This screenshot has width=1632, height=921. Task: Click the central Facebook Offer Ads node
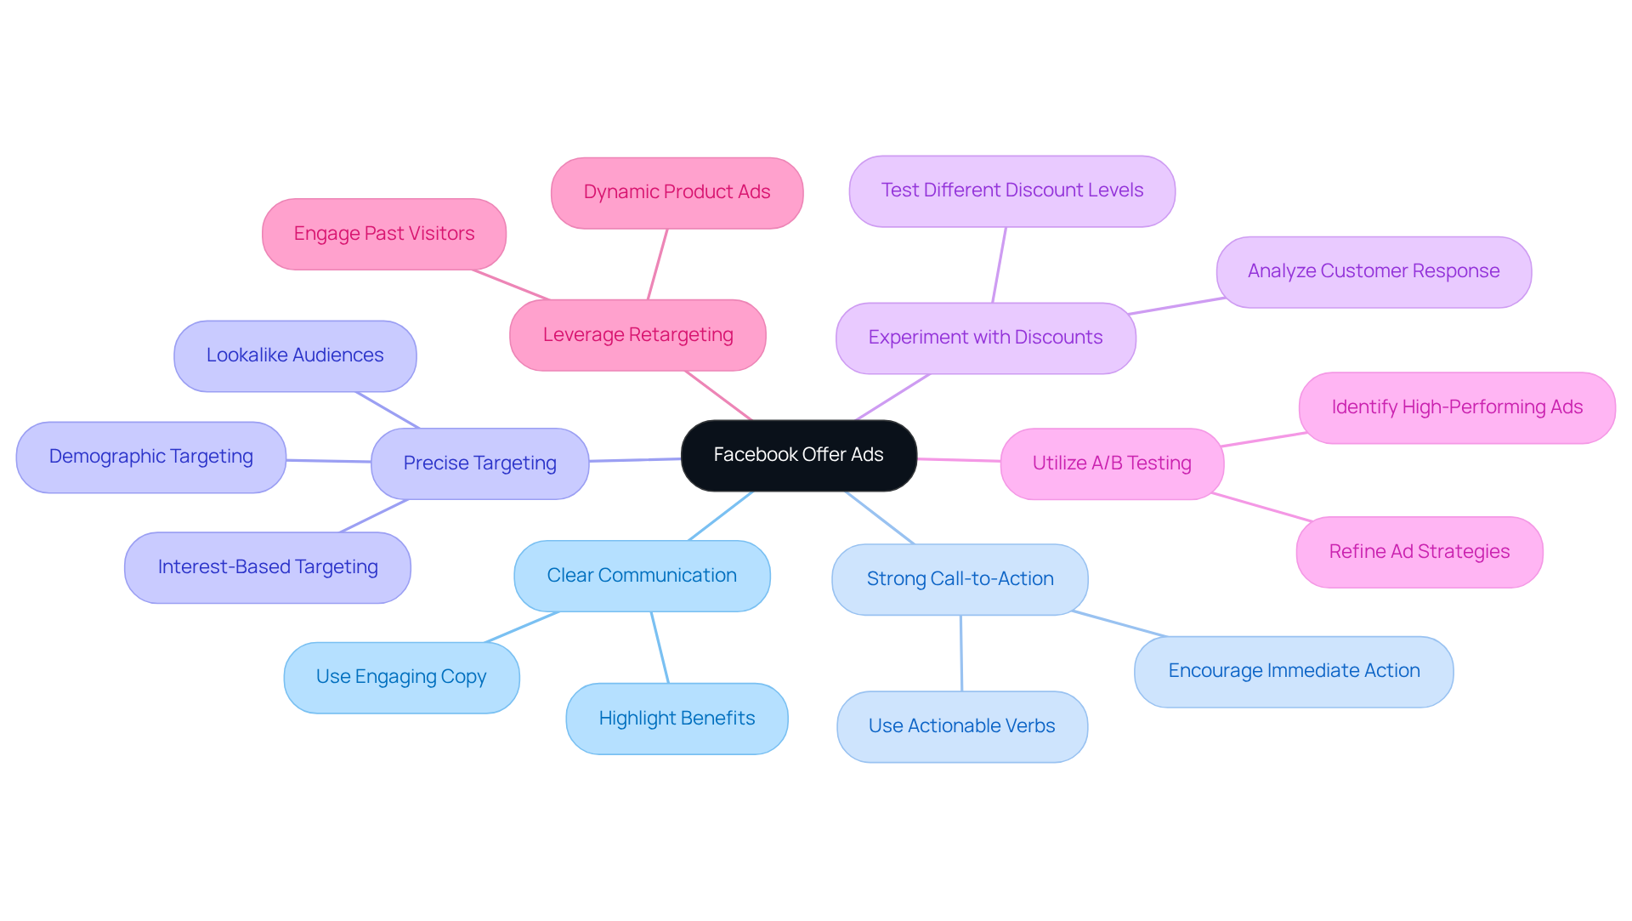798,455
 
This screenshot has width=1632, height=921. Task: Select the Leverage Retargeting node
637,335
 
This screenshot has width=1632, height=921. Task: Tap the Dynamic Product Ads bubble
677,192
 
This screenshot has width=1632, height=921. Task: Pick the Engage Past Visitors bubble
383,234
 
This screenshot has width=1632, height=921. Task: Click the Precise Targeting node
479,463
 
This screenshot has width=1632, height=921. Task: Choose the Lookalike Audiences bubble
295,355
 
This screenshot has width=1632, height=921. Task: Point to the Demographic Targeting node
150,457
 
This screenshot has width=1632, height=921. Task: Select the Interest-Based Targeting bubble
267,567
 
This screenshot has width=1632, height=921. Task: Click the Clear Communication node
642,576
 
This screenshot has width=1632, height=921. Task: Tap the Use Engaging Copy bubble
401,677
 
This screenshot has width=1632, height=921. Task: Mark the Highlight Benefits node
677,719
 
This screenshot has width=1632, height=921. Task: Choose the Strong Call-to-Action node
960,579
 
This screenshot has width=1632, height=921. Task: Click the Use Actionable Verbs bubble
961,726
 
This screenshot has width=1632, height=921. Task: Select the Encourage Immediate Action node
1294,671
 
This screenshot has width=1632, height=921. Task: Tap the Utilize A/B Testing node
1112,463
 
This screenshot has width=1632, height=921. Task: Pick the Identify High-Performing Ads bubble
1457,407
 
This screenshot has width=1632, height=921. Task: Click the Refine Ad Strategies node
1419,552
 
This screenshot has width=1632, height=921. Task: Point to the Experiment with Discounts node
985,338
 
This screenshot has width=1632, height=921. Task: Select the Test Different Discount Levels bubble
1011,190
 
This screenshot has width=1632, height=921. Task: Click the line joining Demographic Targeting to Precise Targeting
329,461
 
